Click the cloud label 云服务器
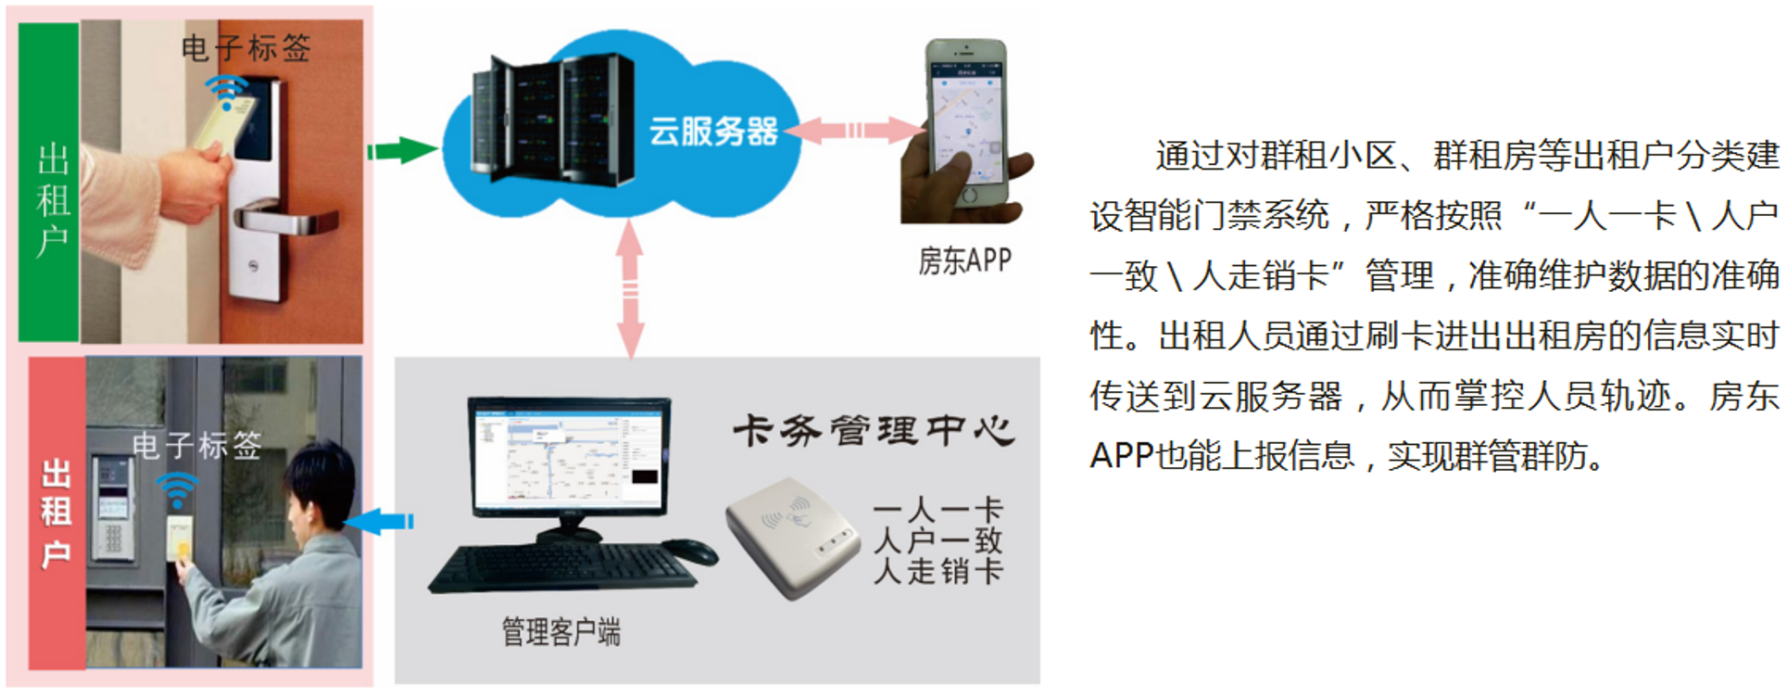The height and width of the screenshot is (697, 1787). [x=712, y=132]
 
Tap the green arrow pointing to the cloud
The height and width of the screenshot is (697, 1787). [x=402, y=150]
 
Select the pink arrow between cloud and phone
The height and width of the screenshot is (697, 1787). [x=854, y=130]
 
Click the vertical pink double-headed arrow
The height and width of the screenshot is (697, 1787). [x=630, y=289]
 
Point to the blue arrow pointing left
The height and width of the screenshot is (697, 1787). [x=380, y=522]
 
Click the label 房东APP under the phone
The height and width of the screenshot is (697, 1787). [x=964, y=260]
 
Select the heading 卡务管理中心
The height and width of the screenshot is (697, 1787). [x=873, y=431]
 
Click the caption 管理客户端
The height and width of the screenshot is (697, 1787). [x=560, y=631]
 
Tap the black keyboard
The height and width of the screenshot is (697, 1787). [x=561, y=567]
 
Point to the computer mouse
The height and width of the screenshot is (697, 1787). [x=690, y=551]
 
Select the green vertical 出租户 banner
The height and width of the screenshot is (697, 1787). [x=49, y=182]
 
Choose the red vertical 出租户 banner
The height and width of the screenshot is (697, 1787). [x=57, y=513]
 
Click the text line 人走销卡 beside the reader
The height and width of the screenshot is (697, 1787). [x=938, y=571]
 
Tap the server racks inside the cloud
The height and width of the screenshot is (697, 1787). [x=553, y=119]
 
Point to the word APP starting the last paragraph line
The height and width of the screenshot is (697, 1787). [x=1122, y=456]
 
